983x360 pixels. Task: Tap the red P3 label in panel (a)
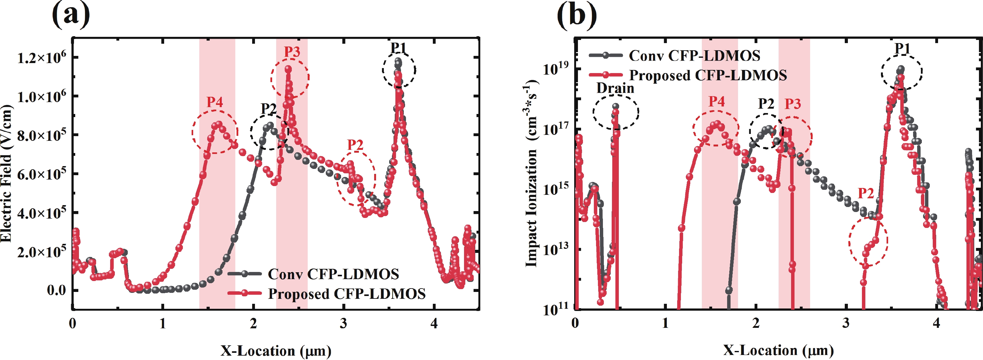[x=292, y=52]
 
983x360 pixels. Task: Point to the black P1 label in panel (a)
[x=399, y=48]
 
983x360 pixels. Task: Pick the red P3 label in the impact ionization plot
[x=793, y=104]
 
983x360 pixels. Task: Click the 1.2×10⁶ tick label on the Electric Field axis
[x=41, y=57]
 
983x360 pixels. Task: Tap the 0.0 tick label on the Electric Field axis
[x=57, y=290]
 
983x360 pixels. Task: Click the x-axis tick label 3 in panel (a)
[x=344, y=324]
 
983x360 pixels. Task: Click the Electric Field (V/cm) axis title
[x=6, y=174]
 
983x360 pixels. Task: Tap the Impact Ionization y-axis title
[x=531, y=174]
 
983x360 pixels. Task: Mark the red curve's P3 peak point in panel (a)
[x=288, y=69]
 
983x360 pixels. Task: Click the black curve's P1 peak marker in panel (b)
[x=901, y=69]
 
